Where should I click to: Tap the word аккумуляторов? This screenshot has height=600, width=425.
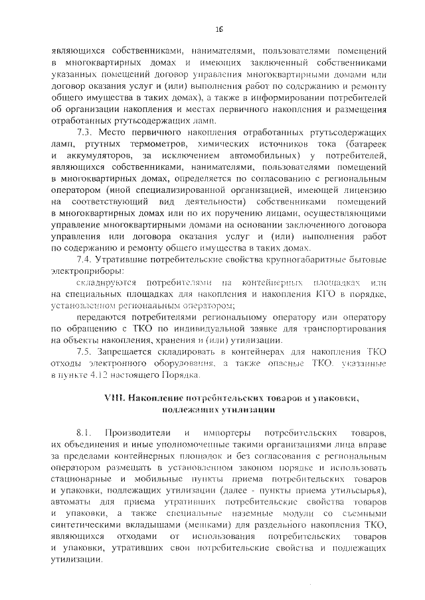click(99, 156)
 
